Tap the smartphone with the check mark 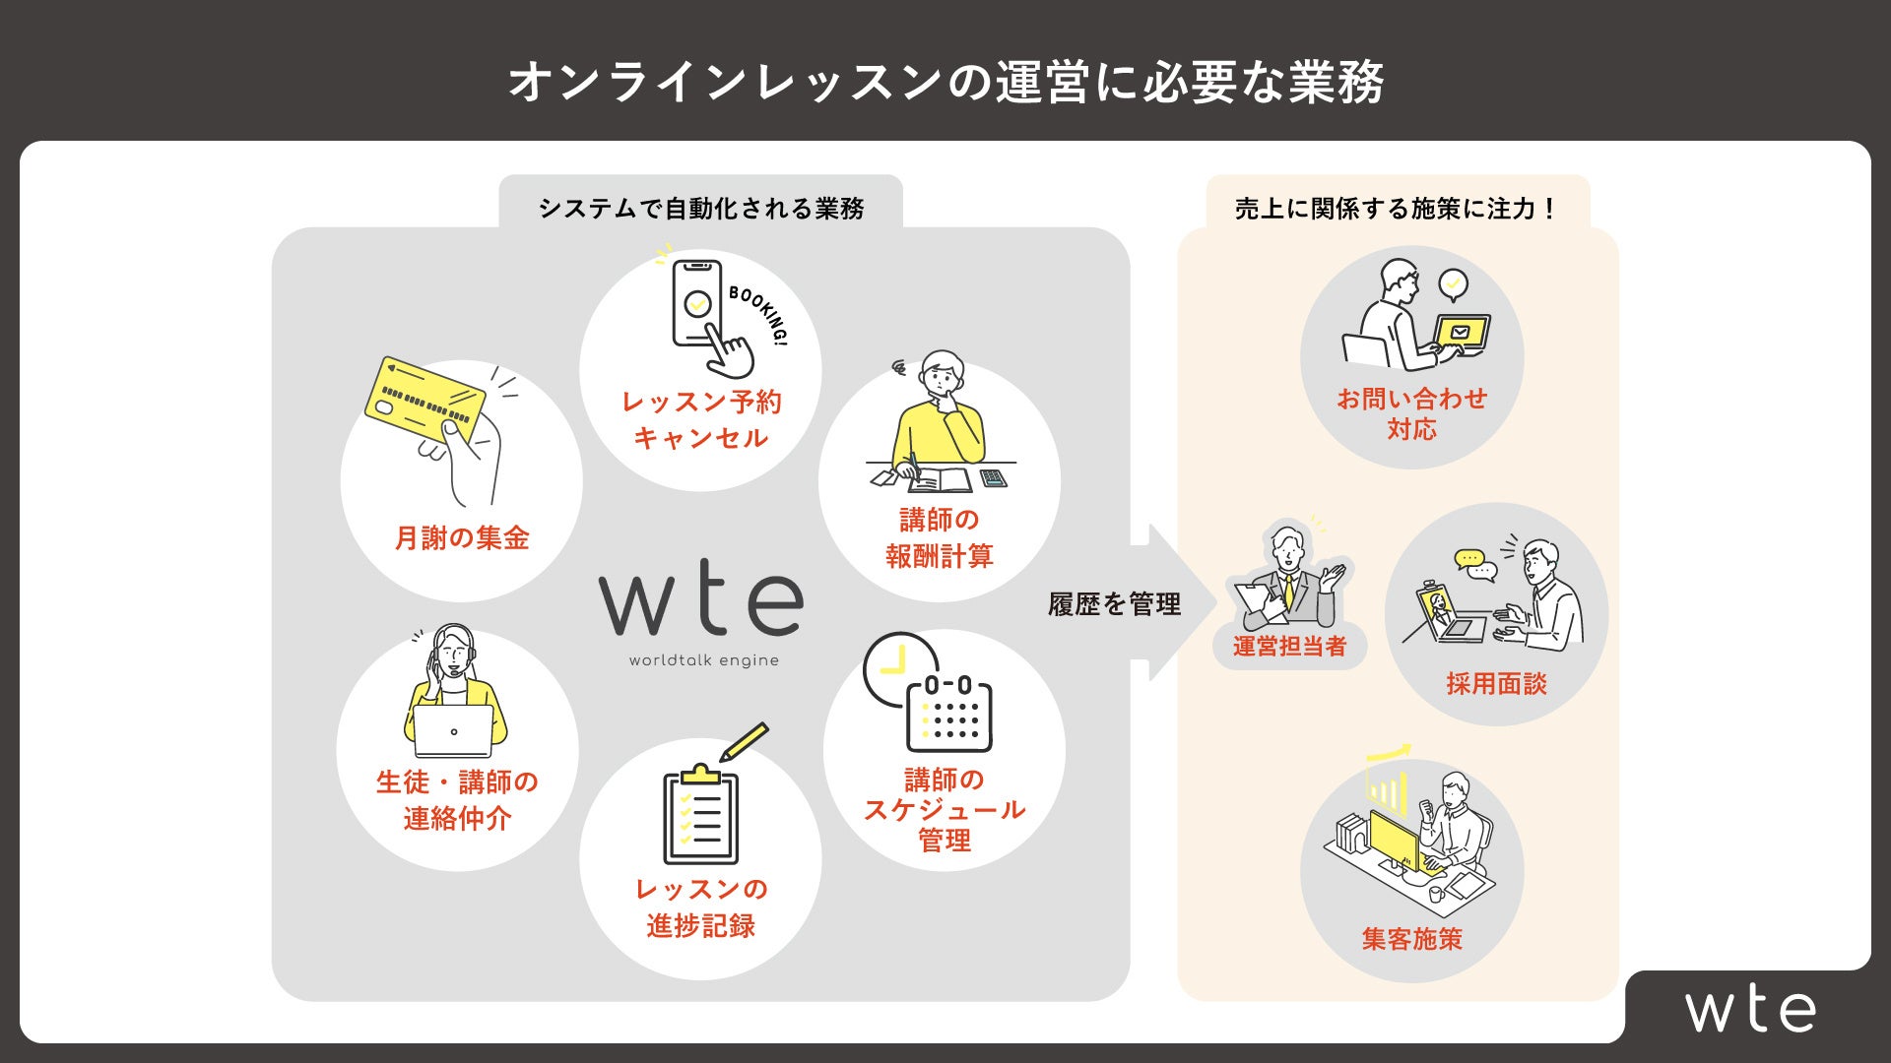(x=697, y=303)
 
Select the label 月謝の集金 (x=462, y=537)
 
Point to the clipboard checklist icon (x=700, y=816)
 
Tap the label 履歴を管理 (x=1114, y=604)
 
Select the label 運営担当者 (x=1289, y=646)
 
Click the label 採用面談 (x=1496, y=683)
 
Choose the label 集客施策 (x=1411, y=938)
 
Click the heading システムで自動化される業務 (x=701, y=209)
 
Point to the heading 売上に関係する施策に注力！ (x=1397, y=209)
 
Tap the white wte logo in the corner (x=1750, y=1009)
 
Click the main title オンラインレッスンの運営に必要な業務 (x=945, y=82)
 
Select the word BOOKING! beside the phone (x=759, y=314)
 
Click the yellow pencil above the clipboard (x=745, y=741)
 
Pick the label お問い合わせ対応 (x=1411, y=413)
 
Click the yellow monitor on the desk (x=1394, y=844)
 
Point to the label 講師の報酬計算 (x=939, y=537)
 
